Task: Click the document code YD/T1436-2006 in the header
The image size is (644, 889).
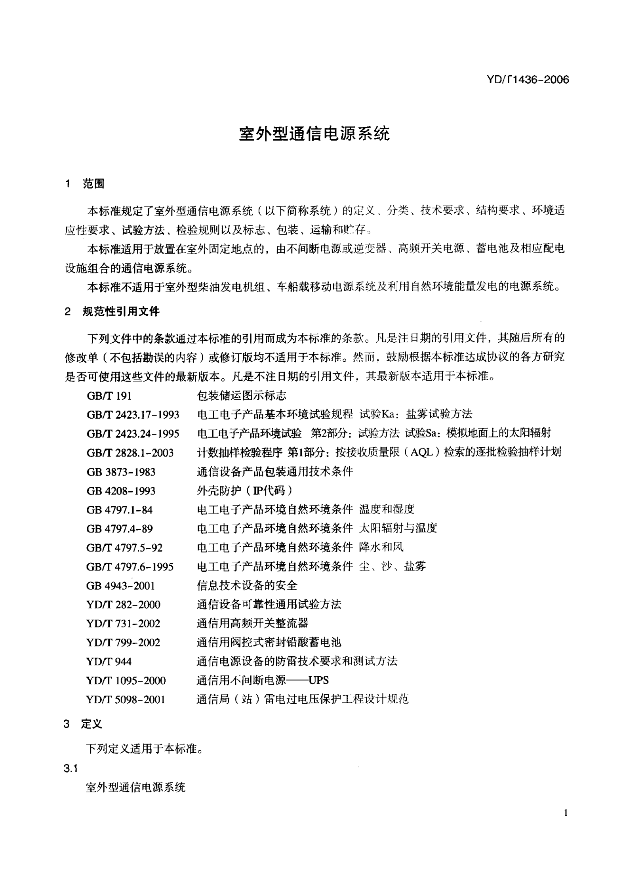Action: [x=528, y=80]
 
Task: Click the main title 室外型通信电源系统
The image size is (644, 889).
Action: [x=314, y=134]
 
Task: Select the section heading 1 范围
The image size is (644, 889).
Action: [x=85, y=184]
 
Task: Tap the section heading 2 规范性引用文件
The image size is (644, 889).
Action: [x=112, y=312]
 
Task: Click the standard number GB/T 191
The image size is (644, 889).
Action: [x=109, y=396]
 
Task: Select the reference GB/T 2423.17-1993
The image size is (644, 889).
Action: [x=133, y=415]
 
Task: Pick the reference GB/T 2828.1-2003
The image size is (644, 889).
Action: [x=130, y=453]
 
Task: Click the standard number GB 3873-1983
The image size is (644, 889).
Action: [x=121, y=472]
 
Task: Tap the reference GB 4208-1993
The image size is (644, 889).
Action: [x=121, y=491]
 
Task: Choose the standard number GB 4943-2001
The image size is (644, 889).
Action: [x=120, y=586]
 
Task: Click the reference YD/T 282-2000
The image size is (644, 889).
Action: [x=123, y=605]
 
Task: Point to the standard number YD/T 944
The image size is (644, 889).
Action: [x=109, y=662]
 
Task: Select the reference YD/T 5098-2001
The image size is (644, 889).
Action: [x=126, y=700]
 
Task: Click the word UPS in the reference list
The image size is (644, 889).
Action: [x=318, y=681]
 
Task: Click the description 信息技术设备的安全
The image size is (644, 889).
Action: [x=247, y=586]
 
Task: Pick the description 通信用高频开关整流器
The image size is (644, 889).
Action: [x=252, y=624]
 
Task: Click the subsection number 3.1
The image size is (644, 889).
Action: [x=70, y=769]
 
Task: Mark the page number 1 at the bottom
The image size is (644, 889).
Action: [x=566, y=813]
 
